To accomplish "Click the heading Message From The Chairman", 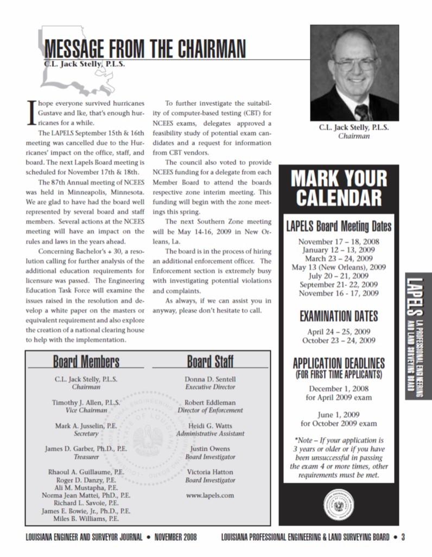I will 144,49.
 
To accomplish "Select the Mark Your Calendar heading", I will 338,188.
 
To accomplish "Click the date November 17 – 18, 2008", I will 339,242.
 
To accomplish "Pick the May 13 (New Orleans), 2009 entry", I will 339,267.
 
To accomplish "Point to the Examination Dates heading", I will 339,316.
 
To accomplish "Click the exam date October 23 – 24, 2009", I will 339,340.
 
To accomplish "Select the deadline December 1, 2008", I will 339,388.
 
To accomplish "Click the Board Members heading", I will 86,361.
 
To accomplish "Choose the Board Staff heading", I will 210,361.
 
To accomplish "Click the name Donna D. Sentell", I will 210,379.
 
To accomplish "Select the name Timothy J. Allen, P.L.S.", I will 86,402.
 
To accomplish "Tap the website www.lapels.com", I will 210,495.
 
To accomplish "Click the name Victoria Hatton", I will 210,472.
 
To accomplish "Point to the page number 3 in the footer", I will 403,537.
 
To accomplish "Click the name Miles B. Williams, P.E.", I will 86,518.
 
